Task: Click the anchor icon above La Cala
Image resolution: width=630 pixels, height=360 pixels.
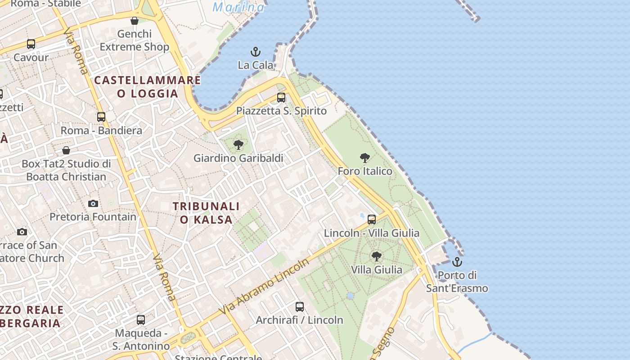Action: click(256, 52)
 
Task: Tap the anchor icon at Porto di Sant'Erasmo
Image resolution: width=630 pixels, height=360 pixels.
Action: click(457, 261)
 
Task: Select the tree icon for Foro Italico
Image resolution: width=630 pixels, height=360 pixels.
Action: click(365, 158)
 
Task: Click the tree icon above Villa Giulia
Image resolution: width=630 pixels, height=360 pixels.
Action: click(377, 256)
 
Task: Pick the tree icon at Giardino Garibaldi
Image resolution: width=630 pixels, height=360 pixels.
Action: click(238, 145)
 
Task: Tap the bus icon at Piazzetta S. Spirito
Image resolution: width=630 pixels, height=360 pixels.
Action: click(281, 97)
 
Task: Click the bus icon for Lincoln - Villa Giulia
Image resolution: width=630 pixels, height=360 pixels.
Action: click(372, 219)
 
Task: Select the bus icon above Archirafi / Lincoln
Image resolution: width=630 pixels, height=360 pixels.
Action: click(300, 307)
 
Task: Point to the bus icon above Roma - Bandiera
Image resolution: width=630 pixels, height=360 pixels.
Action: click(101, 117)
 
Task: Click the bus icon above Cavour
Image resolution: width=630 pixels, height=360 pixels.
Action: click(31, 44)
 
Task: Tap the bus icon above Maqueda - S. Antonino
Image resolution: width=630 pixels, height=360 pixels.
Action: click(141, 320)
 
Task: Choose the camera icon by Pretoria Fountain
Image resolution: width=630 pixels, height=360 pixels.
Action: click(93, 203)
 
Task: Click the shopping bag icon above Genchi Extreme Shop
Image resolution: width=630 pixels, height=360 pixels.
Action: click(134, 21)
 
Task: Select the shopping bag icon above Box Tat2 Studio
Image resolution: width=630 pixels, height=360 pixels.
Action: click(66, 150)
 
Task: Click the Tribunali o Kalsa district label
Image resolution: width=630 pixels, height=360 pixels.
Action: click(207, 212)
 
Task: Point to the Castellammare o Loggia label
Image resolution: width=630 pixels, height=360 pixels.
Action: click(148, 87)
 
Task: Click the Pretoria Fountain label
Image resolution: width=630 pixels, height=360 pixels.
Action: click(93, 216)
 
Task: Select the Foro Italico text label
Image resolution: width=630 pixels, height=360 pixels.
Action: click(365, 171)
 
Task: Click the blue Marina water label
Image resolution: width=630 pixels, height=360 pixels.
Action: click(238, 7)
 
